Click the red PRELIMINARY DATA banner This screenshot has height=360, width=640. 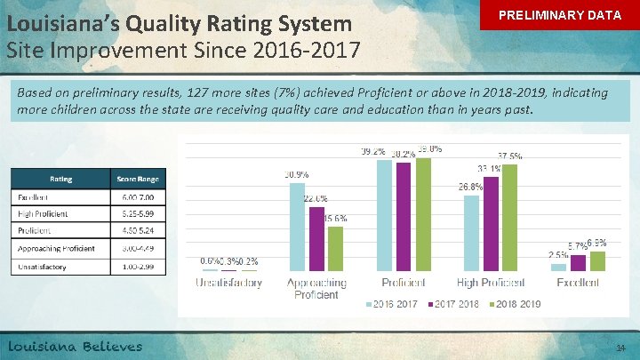pos(559,17)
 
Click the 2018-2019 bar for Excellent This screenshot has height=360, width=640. pos(596,260)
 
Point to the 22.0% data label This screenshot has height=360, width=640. pos(316,198)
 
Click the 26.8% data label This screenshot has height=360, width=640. pos(470,187)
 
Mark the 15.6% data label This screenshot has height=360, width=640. pos(335,218)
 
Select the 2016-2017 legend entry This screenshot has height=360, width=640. pos(392,304)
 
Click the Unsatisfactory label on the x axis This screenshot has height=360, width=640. pos(229,283)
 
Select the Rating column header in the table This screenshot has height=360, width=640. pos(60,178)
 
